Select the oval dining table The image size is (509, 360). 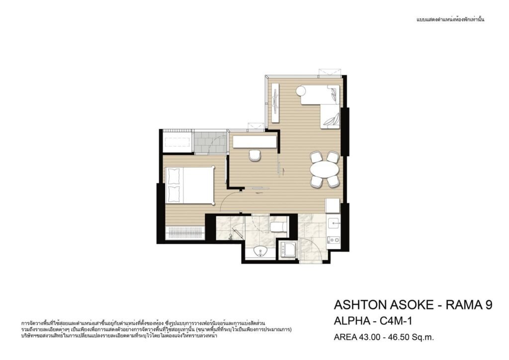pos(324,170)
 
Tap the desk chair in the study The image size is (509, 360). pos(255,155)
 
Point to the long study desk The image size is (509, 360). pos(255,142)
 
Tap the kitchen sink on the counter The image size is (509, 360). pos(334,223)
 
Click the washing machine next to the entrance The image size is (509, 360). pos(287,250)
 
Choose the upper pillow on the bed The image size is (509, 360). pos(173,176)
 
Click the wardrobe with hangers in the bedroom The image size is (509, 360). pos(185,233)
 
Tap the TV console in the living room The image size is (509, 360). pos(275,103)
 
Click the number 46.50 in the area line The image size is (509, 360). pos(395,337)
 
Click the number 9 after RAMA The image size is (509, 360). pos(489,305)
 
